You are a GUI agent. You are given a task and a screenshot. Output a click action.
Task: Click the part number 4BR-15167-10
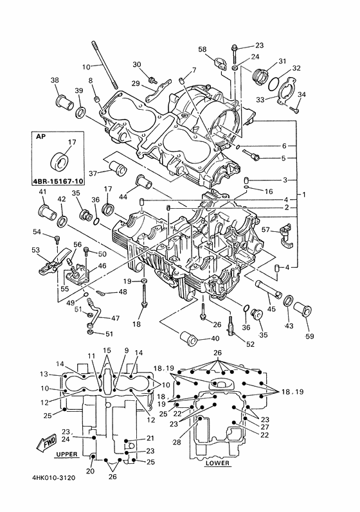[x=58, y=181]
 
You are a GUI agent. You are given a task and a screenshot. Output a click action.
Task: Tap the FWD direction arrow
[x=47, y=443]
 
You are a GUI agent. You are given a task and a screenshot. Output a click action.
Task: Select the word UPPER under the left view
[x=67, y=454]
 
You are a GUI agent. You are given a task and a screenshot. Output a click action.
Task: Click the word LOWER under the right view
[x=217, y=463]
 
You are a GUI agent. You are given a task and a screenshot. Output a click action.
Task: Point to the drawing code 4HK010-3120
[x=53, y=478]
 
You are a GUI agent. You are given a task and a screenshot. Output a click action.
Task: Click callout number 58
[x=203, y=49]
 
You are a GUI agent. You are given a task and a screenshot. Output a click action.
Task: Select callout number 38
[x=55, y=80]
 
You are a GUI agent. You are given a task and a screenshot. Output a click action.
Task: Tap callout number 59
[x=309, y=336]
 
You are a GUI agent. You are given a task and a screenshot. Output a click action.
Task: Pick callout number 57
[x=266, y=230]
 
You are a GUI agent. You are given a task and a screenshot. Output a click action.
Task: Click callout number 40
[x=215, y=339]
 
